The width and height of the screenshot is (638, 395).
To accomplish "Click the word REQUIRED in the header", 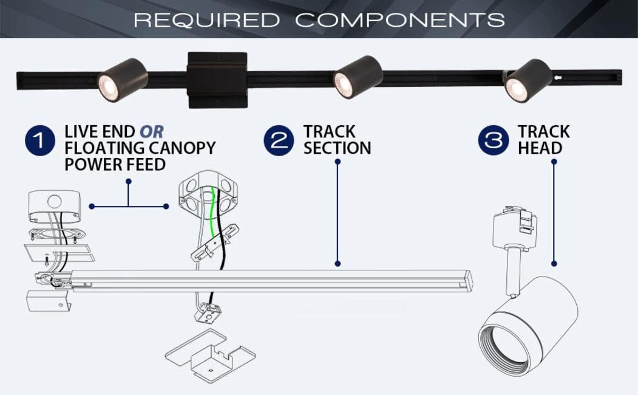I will tap(206, 19).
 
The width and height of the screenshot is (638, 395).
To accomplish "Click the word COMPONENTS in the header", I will tap(400, 19).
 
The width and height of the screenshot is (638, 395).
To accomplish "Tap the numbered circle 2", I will tap(279, 141).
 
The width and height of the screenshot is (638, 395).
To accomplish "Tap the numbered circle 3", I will tap(494, 141).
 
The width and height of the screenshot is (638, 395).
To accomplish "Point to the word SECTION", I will tap(337, 148).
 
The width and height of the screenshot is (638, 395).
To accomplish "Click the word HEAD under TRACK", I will tap(540, 148).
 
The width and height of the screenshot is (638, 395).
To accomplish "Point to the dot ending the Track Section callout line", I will tap(338, 264).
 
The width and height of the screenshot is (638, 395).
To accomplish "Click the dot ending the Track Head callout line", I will tap(554, 264).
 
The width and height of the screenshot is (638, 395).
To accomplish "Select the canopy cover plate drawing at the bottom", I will tap(209, 357).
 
